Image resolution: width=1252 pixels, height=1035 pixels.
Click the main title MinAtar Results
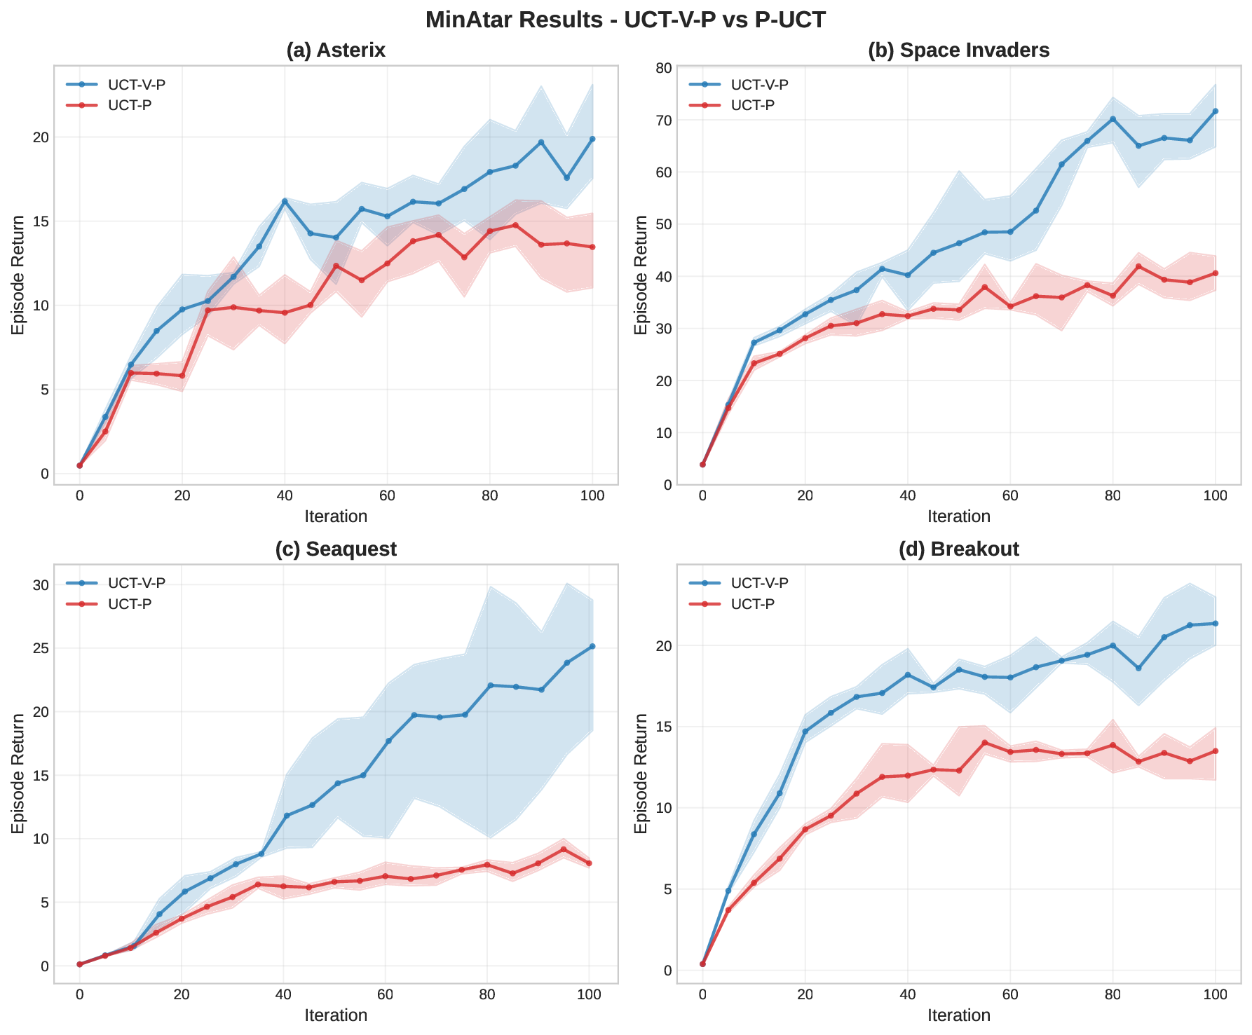click(625, 20)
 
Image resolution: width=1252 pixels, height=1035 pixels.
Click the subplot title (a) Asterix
click(336, 50)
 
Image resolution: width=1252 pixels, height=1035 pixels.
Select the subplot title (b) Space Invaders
click(958, 50)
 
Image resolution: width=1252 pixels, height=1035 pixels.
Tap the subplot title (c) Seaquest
click(336, 549)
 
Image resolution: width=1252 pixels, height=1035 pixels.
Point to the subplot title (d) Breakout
click(958, 549)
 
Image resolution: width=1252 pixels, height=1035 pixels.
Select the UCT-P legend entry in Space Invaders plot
click(752, 105)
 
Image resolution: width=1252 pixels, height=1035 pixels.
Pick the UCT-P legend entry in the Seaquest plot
click(130, 604)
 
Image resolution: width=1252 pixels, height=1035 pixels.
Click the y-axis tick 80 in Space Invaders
click(663, 68)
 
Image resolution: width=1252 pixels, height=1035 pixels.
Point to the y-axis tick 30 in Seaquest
click(40, 585)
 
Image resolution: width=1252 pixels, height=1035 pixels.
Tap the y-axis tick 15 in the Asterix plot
click(40, 221)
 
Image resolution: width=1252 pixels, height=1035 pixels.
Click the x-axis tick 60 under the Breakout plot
click(1009, 994)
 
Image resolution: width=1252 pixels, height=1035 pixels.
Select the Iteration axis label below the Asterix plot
click(336, 517)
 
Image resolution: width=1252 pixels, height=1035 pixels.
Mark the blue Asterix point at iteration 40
click(285, 201)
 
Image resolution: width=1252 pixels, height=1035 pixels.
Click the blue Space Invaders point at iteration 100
click(1215, 111)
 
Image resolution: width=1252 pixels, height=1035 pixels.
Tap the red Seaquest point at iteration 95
click(563, 849)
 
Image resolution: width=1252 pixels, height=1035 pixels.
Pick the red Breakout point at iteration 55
click(984, 743)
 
